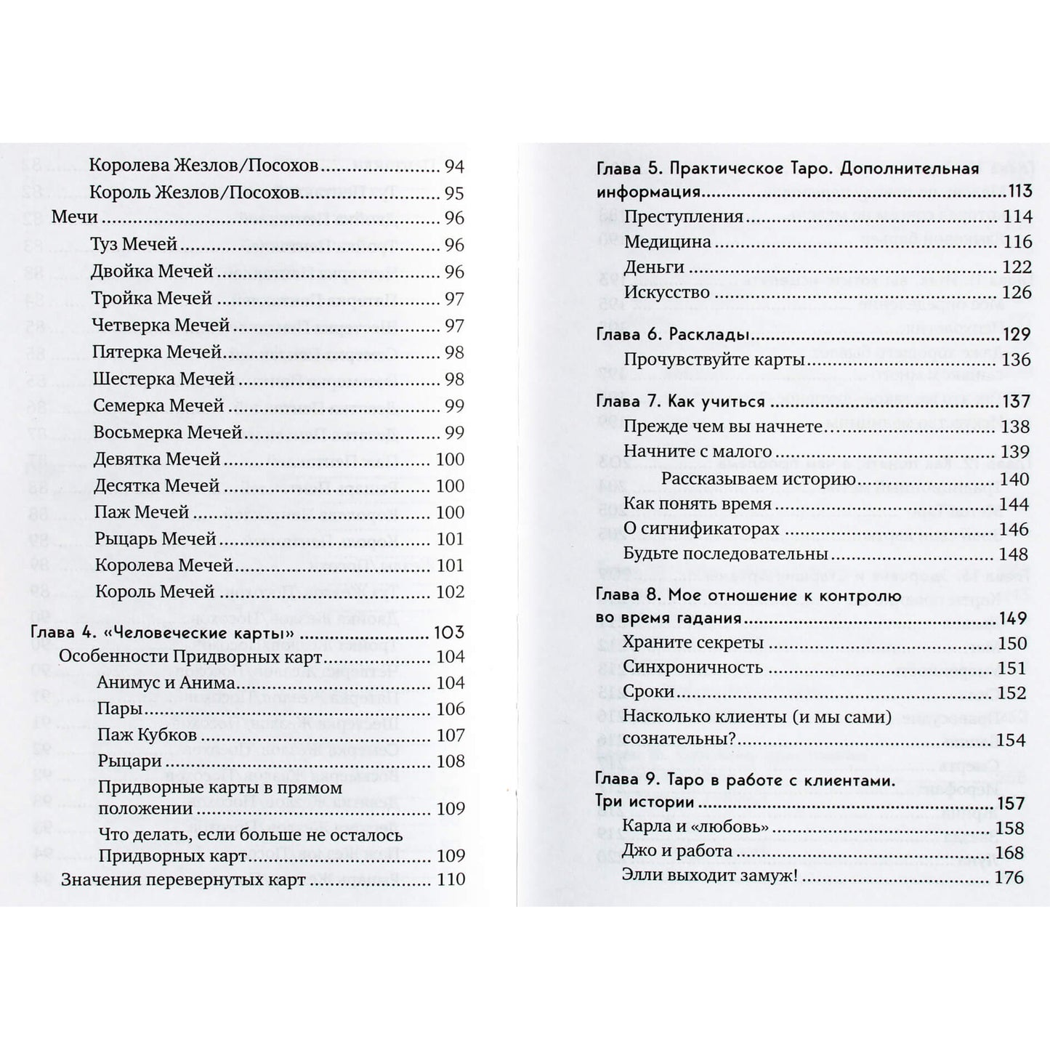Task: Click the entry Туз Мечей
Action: click(x=134, y=245)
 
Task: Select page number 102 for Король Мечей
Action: click(x=450, y=591)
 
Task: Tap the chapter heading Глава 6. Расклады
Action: click(x=669, y=335)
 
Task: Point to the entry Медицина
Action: click(x=667, y=242)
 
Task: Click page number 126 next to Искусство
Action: click(x=1016, y=292)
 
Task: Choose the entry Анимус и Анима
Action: click(x=166, y=683)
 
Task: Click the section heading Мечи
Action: click(x=75, y=218)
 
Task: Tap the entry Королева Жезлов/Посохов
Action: click(x=203, y=166)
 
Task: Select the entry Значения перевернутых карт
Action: click(x=183, y=880)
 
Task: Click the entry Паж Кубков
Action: click(x=147, y=735)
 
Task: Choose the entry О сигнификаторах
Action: click(x=701, y=529)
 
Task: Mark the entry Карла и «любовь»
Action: click(x=695, y=828)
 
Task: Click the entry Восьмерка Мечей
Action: click(x=168, y=432)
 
